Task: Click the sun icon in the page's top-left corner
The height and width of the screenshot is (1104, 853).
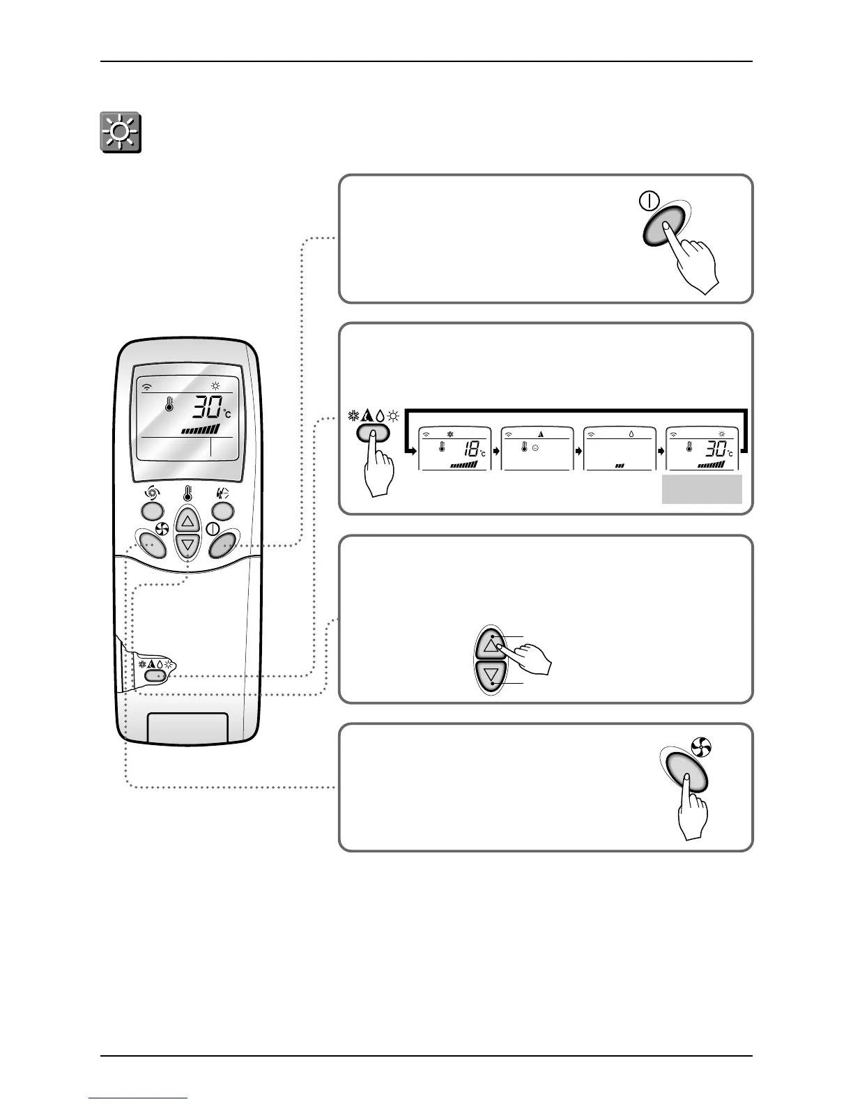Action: pyautogui.click(x=119, y=132)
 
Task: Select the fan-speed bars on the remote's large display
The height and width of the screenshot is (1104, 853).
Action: pyautogui.click(x=200, y=429)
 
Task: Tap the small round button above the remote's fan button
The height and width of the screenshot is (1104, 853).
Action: pyautogui.click(x=152, y=511)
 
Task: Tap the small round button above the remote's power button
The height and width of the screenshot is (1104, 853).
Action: pyautogui.click(x=223, y=511)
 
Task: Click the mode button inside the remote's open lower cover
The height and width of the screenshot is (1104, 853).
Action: pyautogui.click(x=156, y=675)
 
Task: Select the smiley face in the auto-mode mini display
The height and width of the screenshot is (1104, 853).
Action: pyautogui.click(x=535, y=447)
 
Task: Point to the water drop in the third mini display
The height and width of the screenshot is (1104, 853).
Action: pyautogui.click(x=631, y=433)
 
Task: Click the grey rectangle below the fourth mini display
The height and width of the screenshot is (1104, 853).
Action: pyautogui.click(x=701, y=489)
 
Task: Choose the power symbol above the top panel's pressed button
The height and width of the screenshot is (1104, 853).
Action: pyautogui.click(x=648, y=202)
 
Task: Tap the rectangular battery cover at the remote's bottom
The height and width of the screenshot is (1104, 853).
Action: pyautogui.click(x=187, y=728)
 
